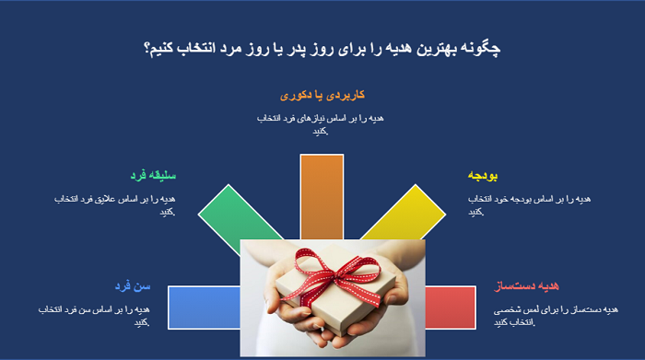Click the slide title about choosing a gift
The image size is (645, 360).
(322, 49)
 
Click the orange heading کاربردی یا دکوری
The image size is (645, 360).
(322, 95)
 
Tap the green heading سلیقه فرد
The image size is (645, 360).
(152, 175)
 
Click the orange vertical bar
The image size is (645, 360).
(322, 198)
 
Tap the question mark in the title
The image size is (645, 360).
(147, 49)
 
